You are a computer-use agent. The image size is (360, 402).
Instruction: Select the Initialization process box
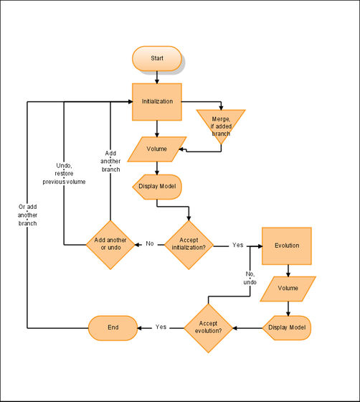click(157, 101)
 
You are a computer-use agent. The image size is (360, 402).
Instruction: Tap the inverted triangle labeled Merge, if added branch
click(221, 123)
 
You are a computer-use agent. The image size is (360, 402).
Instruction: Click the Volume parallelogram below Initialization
click(157, 149)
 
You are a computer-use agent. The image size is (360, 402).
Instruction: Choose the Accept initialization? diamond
click(189, 245)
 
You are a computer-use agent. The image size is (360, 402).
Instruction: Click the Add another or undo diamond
click(110, 244)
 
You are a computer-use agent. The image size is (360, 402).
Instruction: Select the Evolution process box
click(287, 246)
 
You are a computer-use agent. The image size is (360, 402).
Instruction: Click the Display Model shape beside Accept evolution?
click(287, 327)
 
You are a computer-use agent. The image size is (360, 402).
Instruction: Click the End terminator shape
click(113, 327)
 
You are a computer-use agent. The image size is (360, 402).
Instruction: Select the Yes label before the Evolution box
click(237, 245)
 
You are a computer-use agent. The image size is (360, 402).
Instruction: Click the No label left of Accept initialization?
click(150, 244)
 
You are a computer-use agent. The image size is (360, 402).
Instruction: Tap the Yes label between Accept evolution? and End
click(161, 327)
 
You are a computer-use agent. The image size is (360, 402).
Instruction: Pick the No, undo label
click(250, 278)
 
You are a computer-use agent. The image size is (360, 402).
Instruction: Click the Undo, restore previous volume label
click(64, 174)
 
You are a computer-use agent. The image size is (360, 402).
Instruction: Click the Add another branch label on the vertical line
click(110, 162)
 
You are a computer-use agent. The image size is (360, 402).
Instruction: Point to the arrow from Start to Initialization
click(157, 76)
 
